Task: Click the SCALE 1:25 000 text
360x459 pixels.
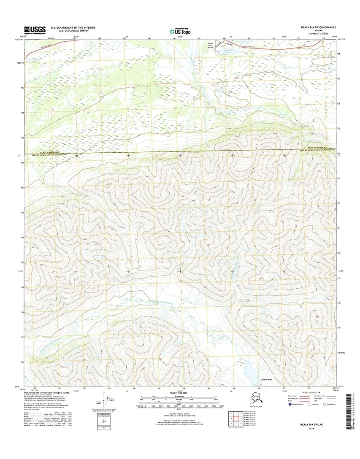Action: (179, 393)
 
